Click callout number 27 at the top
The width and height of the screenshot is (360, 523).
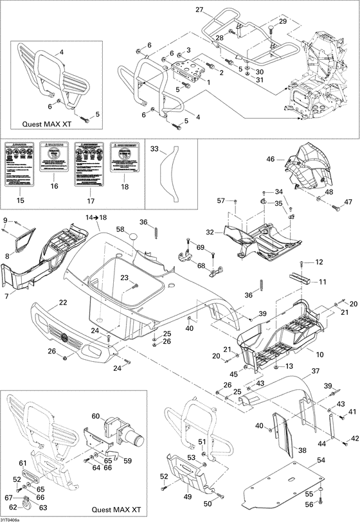click(199, 10)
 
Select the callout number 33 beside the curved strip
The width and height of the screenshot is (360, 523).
click(154, 149)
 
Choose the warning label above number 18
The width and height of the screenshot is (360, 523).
click(124, 160)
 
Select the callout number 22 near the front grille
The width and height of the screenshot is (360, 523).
click(63, 303)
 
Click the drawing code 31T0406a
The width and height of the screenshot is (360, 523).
click(10, 519)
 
